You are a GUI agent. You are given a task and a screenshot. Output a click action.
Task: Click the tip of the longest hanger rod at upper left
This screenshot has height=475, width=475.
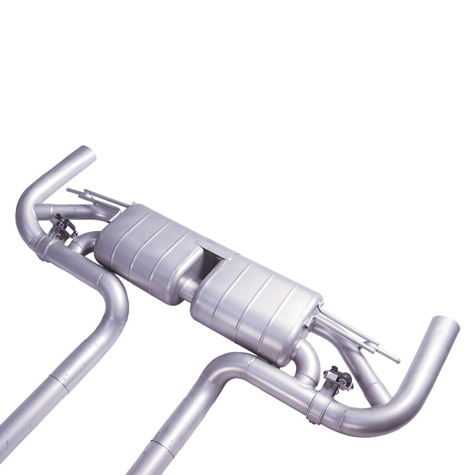tap(69, 189)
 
